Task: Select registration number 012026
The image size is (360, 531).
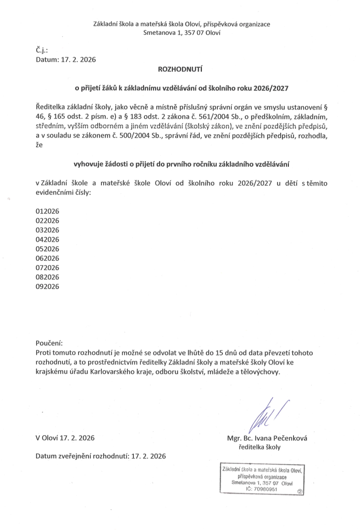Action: [x=47, y=211]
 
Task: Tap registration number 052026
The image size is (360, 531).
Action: [x=47, y=248]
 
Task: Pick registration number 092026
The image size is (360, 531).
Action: [x=47, y=286]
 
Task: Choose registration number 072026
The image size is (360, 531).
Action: [x=47, y=267]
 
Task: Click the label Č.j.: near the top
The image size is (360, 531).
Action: [x=41, y=50]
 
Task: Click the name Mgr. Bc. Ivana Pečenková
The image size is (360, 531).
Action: [x=267, y=438]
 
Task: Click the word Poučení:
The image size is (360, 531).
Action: [x=49, y=343]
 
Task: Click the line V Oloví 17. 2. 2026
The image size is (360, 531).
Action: [x=65, y=438]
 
